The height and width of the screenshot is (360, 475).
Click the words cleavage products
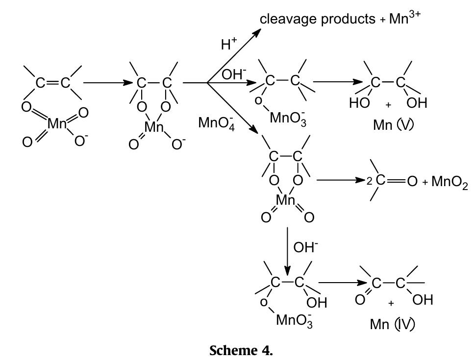[317, 19]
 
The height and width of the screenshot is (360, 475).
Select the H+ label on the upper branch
[228, 45]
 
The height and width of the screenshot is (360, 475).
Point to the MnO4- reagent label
[215, 122]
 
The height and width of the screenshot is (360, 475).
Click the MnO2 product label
[449, 182]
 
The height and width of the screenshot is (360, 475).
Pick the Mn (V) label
[393, 125]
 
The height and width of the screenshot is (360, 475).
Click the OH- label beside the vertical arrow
[305, 247]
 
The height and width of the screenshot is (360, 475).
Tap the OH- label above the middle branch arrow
[234, 75]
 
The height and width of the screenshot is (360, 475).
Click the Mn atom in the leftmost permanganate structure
[57, 124]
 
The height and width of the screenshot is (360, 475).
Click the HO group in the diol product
[359, 103]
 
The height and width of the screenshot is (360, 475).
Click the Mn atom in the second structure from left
[154, 127]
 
